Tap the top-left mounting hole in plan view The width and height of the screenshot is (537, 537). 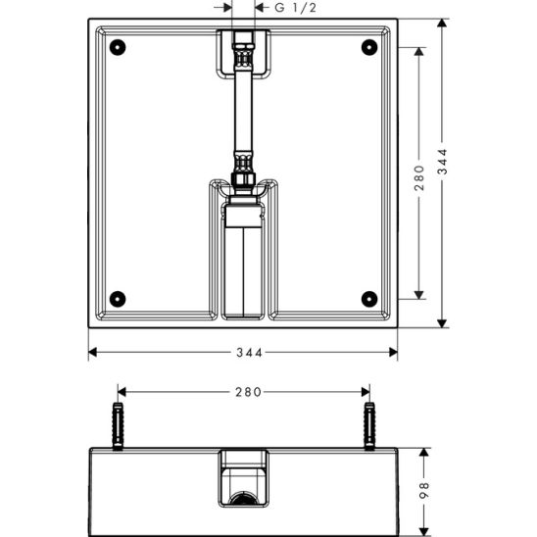(118, 46)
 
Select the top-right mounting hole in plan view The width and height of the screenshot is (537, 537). (368, 46)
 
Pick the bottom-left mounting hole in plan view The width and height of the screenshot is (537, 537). (118, 298)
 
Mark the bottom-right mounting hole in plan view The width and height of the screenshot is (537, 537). (368, 298)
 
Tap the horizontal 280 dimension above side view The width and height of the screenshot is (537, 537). (247, 392)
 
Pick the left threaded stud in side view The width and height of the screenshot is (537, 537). (119, 425)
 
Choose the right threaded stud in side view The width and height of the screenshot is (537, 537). (369, 425)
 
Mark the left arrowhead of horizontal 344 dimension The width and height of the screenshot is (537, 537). (93, 352)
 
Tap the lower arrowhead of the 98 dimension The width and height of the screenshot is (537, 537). (424, 530)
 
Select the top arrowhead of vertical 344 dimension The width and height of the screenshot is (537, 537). (443, 23)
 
